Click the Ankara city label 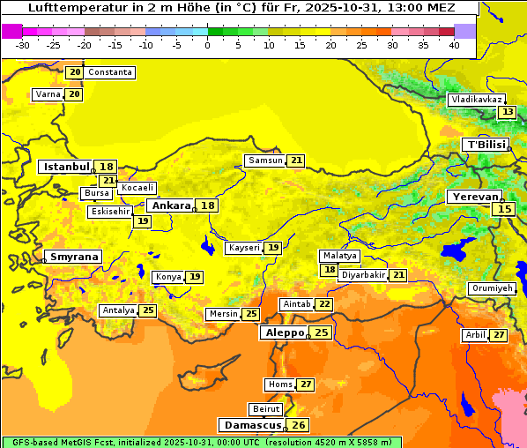[x=171, y=205]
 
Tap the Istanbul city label [x=67, y=166]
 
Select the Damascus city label [x=252, y=425]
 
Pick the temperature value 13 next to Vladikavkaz [x=507, y=112]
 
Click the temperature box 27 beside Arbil [x=499, y=335]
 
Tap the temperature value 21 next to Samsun [x=296, y=161]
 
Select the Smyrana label [x=74, y=257]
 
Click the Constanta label [x=110, y=72]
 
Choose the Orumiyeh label [x=491, y=288]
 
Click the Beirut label [x=265, y=409]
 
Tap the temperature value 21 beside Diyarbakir [x=399, y=275]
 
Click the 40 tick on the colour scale [x=454, y=45]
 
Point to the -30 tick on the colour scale [x=23, y=45]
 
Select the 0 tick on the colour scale [x=207, y=45]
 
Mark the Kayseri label [x=244, y=248]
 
